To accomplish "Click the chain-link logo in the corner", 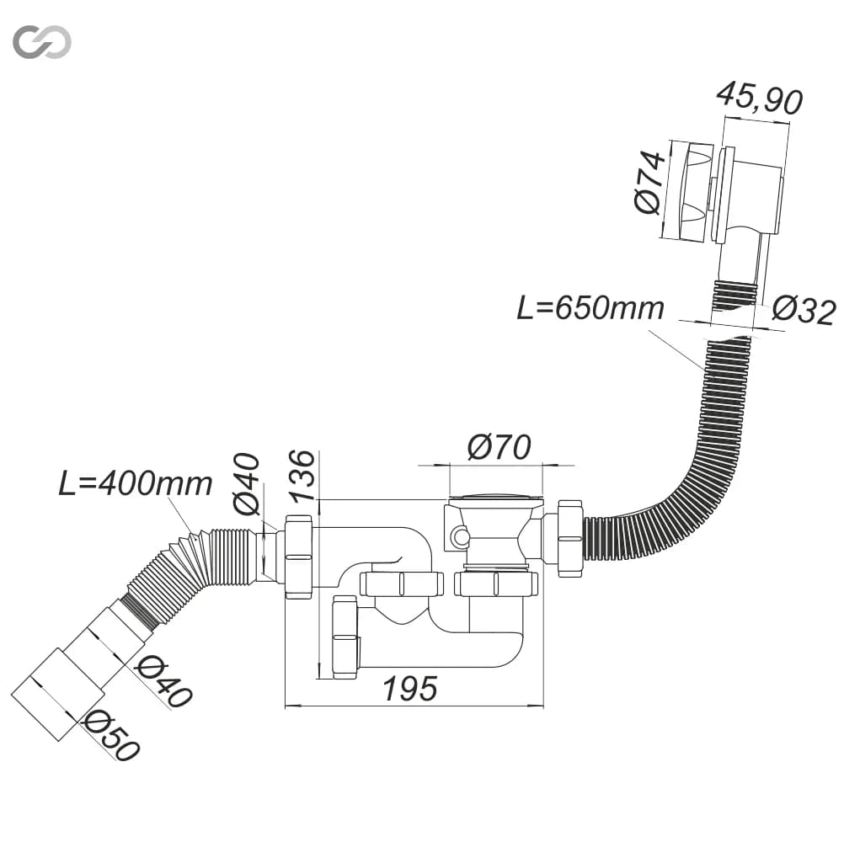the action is [42, 41].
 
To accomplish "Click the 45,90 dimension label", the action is [760, 99].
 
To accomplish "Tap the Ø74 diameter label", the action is [649, 183].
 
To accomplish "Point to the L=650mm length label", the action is [590, 307].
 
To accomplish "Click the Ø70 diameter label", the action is [499, 446].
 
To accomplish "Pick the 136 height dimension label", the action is [302, 476].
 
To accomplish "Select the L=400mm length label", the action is [135, 483].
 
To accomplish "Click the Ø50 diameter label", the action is [111, 736].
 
